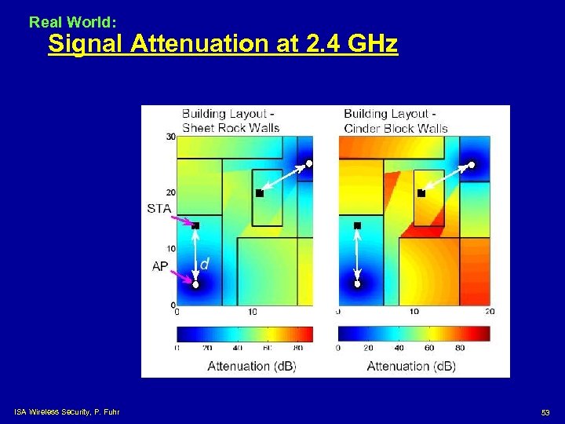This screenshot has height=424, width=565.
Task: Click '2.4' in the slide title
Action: tap(321, 44)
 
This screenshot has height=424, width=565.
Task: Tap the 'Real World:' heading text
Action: tap(72, 23)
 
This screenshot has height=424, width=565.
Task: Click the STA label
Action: tap(158, 208)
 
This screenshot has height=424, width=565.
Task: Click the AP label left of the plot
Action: tap(160, 266)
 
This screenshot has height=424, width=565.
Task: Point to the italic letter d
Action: tap(204, 265)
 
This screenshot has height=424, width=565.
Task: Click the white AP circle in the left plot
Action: tap(195, 285)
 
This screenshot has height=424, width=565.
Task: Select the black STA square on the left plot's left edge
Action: tap(195, 225)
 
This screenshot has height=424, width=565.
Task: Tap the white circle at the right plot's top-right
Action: tap(472, 165)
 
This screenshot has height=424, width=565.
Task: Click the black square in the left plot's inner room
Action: tap(259, 192)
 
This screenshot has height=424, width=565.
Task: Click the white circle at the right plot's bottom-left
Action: tap(357, 284)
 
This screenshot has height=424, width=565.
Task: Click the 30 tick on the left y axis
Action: tap(170, 137)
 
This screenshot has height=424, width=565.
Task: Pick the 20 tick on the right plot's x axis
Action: tap(490, 312)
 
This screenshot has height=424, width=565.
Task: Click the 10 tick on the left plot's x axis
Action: tap(253, 312)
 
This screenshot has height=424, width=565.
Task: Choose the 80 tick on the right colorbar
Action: tap(459, 347)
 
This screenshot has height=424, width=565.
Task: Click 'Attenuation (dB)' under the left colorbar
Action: tap(251, 366)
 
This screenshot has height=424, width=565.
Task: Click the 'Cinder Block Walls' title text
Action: tap(395, 128)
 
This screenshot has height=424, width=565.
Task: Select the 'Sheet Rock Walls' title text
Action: tap(231, 128)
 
